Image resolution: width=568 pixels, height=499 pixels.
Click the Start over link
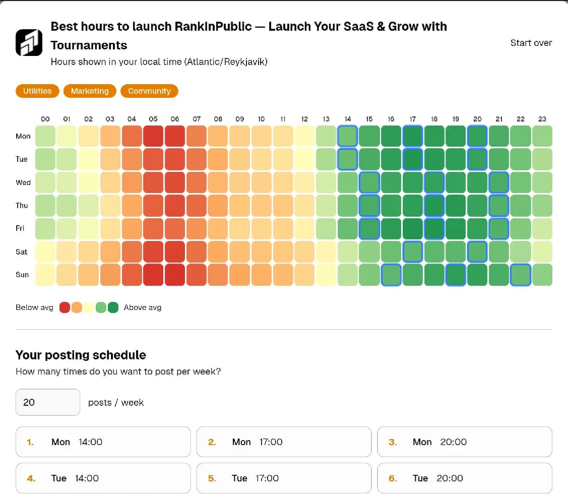point(531,43)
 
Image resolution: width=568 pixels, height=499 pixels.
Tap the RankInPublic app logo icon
point(29,42)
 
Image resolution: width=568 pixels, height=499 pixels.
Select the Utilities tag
point(37,91)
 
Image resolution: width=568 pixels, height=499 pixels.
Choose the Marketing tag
point(90,91)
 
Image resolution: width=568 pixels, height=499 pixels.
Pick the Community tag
point(149,91)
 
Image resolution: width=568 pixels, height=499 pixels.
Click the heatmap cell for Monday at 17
point(413,136)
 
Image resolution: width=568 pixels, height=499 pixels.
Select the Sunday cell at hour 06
point(175,275)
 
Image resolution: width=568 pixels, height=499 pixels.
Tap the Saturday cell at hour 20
point(477,252)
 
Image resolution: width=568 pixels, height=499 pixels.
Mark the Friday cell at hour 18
point(434,228)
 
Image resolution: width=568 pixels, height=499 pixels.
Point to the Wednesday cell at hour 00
point(45,182)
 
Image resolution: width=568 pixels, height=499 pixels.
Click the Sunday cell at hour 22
point(521,275)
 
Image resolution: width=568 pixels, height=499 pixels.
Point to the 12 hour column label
point(304,119)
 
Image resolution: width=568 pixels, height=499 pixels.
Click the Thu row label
point(22,206)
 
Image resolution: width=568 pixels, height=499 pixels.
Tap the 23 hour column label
point(542,119)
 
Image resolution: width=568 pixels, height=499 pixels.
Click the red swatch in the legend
point(65,307)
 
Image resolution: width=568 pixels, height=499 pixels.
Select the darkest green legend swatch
point(113,307)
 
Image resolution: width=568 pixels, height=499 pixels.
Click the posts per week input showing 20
point(48,402)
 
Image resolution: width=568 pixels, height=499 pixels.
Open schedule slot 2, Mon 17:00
point(284,442)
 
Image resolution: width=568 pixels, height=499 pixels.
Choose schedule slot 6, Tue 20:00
point(464,478)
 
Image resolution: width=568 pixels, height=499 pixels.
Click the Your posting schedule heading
point(81,355)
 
